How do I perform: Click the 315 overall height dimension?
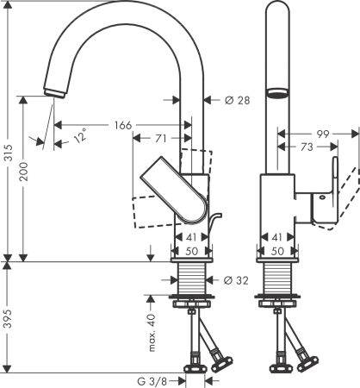click(7, 153)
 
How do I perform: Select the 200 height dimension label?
click(25, 178)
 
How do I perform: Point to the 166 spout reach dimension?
click(123, 126)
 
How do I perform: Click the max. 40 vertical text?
click(152, 333)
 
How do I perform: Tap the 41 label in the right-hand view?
click(276, 236)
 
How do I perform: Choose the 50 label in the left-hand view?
click(191, 250)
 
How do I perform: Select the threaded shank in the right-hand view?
click(276, 279)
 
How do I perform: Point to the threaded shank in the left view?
click(191, 279)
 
